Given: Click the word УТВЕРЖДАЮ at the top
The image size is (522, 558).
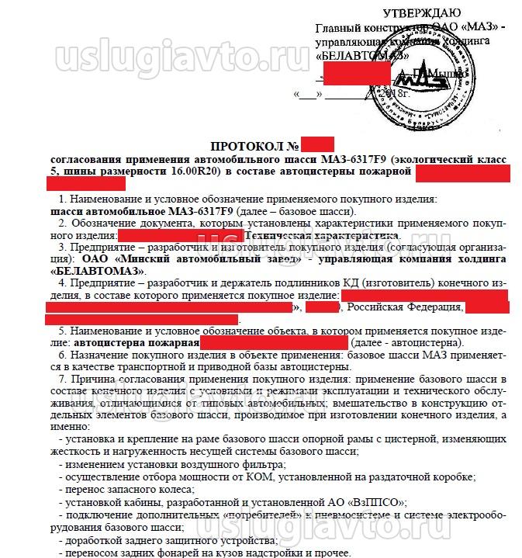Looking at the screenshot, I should (x=421, y=13).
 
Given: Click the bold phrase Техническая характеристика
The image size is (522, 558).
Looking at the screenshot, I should (x=322, y=234).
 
